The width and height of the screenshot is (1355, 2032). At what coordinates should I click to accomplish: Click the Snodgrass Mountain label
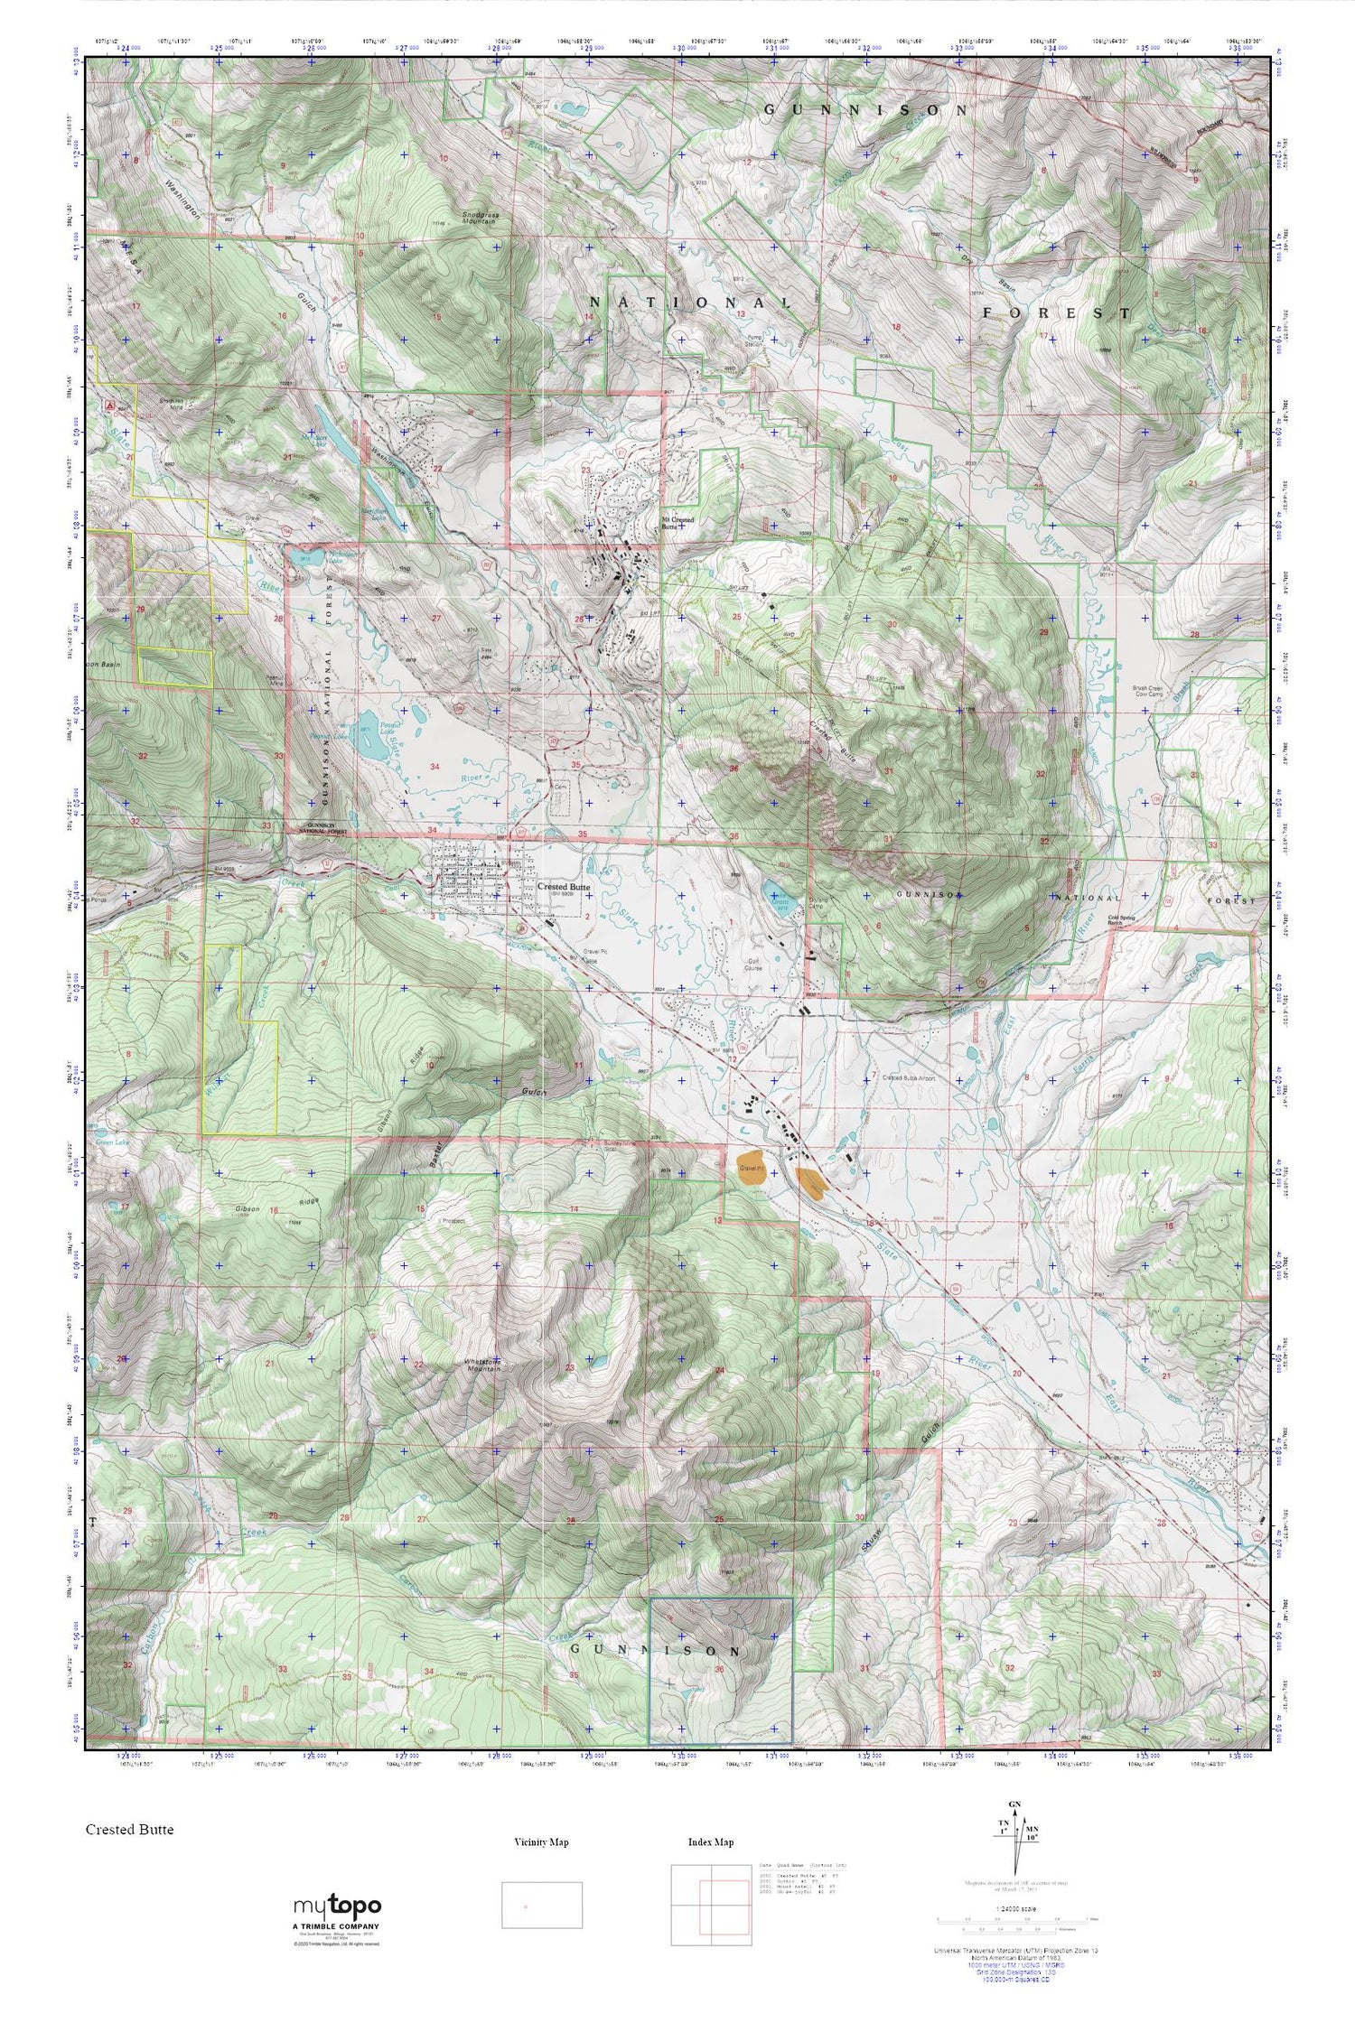[x=480, y=218]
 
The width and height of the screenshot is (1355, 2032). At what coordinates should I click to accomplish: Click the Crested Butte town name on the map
[x=564, y=887]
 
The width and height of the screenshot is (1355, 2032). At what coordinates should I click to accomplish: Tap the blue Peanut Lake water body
[x=369, y=741]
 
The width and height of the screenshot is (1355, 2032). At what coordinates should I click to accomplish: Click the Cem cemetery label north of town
[x=560, y=787]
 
